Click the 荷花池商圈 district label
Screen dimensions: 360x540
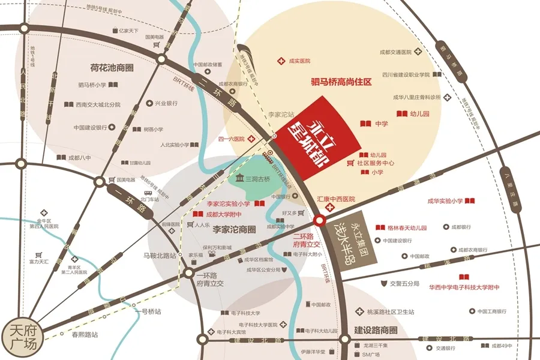click(103, 68)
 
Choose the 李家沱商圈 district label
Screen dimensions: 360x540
click(234, 229)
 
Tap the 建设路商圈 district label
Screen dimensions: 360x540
click(376, 330)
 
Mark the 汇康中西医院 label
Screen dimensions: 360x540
click(336, 199)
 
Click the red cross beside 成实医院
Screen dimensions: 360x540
click(280, 61)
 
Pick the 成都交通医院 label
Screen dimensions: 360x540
click(399, 53)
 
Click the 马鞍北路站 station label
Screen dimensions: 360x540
click(159, 256)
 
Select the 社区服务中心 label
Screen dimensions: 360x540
click(376, 163)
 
